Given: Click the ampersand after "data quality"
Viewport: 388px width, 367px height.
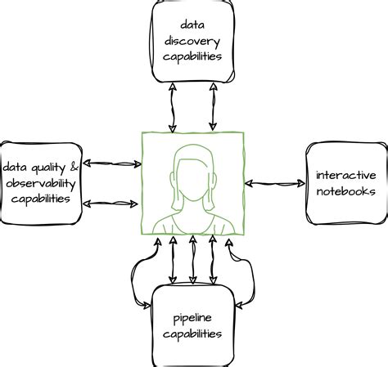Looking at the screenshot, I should [75, 167].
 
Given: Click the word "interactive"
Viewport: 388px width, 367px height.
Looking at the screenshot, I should [346, 175].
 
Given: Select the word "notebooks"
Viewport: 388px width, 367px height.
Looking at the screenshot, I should [346, 191].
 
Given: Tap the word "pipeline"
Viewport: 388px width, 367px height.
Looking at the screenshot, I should [193, 317].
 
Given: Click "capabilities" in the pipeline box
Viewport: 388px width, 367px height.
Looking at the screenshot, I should [193, 333].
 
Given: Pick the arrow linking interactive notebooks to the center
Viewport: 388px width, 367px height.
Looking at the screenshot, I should [275, 183].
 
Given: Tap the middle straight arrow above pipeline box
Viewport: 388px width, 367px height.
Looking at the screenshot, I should [193, 260].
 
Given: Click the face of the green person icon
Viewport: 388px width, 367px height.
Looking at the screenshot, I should [192, 177].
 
